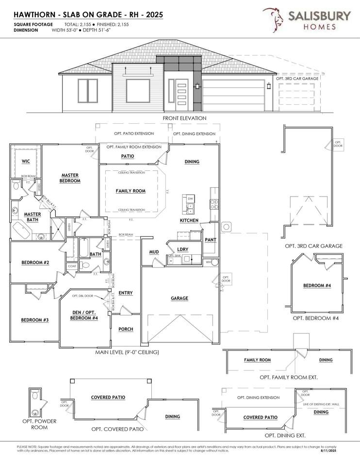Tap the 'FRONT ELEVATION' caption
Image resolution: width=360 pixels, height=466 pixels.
[x=184, y=118]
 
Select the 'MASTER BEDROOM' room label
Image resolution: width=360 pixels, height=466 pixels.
[x=70, y=178]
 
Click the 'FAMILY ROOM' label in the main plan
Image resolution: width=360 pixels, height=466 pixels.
[x=131, y=191]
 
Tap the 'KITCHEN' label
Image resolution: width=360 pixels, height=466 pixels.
[x=189, y=220]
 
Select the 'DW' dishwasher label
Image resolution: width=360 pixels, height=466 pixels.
[x=190, y=199]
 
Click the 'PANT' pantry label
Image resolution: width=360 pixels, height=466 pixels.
[x=210, y=240]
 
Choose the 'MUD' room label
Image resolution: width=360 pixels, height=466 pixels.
[x=154, y=252]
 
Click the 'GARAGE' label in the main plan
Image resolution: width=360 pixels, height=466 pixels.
[x=179, y=299]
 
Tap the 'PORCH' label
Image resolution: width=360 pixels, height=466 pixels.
[x=126, y=329]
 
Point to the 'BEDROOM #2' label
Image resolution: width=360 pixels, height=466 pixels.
[x=35, y=263]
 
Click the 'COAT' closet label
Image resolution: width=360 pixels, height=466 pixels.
[x=72, y=266]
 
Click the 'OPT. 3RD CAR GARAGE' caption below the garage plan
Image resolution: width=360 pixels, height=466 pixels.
[x=313, y=246]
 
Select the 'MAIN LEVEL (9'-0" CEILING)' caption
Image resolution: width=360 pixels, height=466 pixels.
[x=127, y=352]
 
